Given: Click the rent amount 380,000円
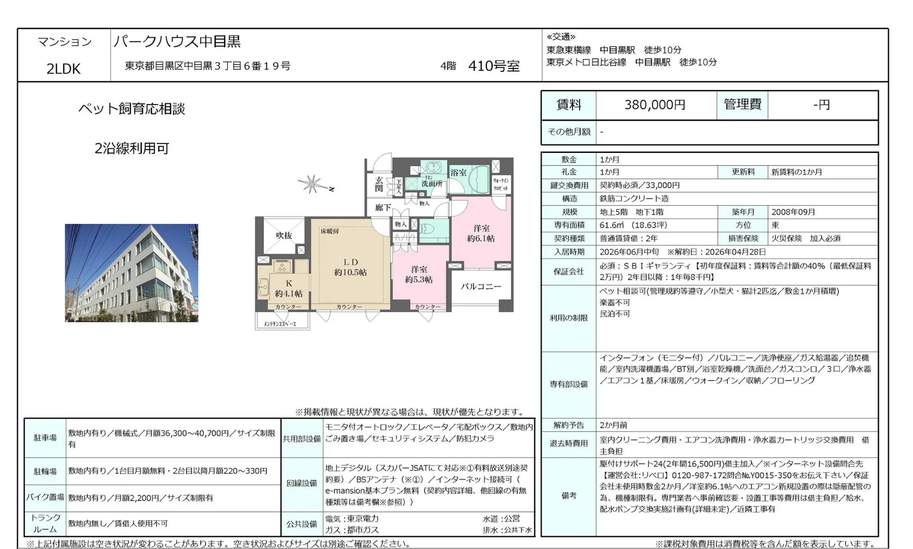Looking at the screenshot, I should coord(655,105).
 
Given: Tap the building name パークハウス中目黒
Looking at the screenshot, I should coord(177,41).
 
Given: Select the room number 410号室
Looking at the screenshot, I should coord(494,66).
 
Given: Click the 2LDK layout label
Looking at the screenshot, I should coord(64,69).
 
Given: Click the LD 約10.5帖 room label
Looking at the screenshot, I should coord(350,267).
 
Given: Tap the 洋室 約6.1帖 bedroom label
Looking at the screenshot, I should coord(480,233).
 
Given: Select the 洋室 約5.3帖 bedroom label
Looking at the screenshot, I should coord(418,274).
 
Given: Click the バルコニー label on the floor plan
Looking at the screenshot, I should coord(480,287).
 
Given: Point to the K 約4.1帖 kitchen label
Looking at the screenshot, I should coord(289,289).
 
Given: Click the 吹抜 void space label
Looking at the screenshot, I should coord(283,236).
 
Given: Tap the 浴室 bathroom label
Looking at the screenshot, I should coord(458,172).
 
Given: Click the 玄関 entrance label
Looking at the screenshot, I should coord(379,184).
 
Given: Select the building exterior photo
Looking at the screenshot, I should coord(131,272).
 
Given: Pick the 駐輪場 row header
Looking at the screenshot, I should coord(45,471).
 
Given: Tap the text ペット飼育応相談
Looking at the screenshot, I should coord(131,109).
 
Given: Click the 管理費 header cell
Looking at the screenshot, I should coord(742,105).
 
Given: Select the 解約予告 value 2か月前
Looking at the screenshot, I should coord(613,425).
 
